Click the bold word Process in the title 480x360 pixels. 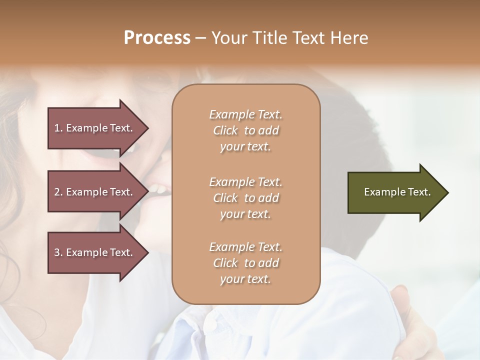coord(157,38)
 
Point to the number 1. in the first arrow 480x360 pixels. coord(58,128)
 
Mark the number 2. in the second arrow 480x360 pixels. coord(58,192)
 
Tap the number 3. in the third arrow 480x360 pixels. coord(58,252)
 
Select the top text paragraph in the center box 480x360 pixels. coord(245,130)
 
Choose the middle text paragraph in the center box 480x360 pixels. coord(245,198)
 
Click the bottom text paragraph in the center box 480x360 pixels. coord(245,263)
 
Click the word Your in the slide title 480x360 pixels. coord(229,38)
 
